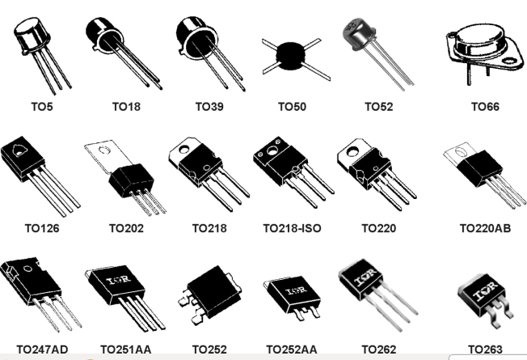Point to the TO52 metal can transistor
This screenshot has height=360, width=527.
coord(364,36)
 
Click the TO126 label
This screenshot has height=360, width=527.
coord(42,228)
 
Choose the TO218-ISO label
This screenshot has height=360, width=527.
coord(292,228)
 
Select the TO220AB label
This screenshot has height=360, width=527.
coord(485,228)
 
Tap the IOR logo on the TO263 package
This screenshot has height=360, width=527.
coord(483,292)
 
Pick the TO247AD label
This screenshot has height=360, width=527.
coord(42,350)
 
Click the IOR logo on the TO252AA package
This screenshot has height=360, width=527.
coord(295,289)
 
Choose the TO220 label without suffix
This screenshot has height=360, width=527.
coord(378,228)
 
